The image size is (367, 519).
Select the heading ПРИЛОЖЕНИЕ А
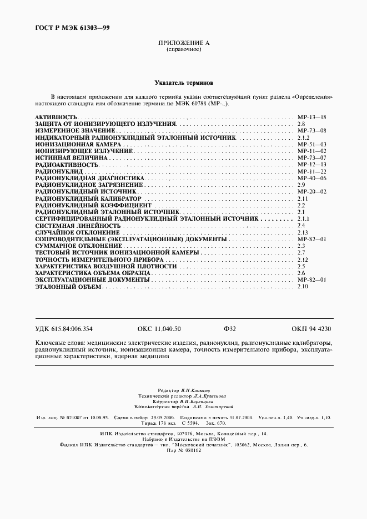[x=183, y=43]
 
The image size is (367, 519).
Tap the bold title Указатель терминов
[x=183, y=81]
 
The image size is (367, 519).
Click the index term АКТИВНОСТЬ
[x=56, y=118]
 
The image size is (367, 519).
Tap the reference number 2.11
[x=302, y=198]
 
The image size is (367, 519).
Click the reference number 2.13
[x=302, y=232]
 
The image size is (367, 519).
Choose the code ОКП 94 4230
[x=311, y=329]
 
